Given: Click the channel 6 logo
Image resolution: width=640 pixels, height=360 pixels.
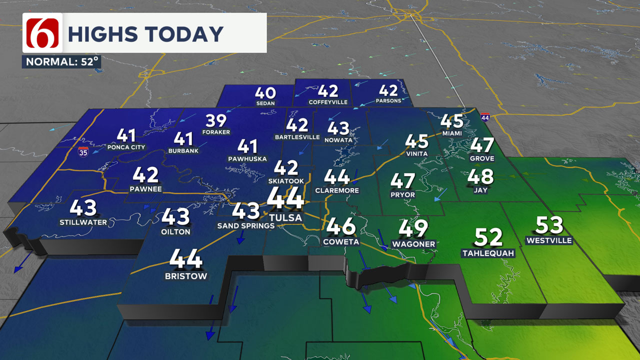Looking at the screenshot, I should point(42,32).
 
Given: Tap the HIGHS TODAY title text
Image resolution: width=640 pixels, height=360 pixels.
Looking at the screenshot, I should point(145,34).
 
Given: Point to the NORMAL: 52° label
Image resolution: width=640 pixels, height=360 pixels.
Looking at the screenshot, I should point(61,62).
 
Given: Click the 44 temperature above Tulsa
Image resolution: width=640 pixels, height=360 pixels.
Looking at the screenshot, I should point(285,198).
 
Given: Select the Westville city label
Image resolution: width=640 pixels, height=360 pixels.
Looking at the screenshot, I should point(548,240).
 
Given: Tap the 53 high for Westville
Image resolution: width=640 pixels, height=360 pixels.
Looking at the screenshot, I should point(549,225).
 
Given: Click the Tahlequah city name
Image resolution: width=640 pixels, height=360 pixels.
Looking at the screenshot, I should point(488,253).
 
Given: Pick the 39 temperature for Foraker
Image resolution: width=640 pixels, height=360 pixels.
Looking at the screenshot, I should point(216,121).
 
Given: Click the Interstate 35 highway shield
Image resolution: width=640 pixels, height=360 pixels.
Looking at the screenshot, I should point(83,151).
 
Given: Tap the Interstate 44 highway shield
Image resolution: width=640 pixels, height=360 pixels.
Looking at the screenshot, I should point(484,117).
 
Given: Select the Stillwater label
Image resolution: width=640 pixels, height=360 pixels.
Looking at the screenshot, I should point(83,222).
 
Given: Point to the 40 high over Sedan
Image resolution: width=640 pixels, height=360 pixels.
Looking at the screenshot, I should point(265,92).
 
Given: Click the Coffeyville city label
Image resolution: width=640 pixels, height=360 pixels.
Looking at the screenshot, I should point(327,101).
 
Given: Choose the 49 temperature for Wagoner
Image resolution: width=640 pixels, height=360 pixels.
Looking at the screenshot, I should point(413,228).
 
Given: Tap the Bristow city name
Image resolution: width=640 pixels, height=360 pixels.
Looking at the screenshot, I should point(186,276).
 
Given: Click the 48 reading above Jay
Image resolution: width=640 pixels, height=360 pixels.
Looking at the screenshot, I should point(480,176).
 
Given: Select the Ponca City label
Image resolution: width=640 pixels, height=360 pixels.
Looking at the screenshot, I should point(126,147).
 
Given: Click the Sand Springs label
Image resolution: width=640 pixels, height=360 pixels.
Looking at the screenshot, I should point(245,225).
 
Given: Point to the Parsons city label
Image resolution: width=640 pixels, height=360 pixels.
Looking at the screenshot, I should point(388,100).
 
